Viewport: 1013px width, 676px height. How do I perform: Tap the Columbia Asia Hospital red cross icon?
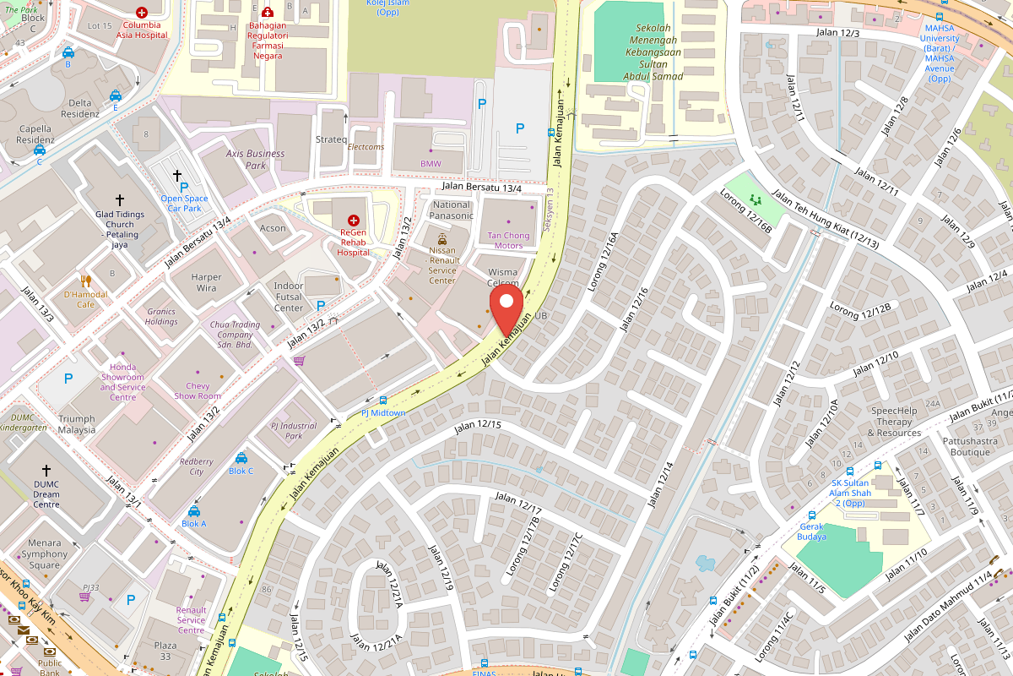tap(141, 14)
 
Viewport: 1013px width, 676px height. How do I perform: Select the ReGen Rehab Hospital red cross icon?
tap(353, 220)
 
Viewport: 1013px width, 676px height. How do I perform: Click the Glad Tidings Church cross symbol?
tap(120, 200)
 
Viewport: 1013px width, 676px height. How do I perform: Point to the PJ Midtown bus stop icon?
tap(383, 401)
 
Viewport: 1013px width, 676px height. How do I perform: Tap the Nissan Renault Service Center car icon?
tap(442, 239)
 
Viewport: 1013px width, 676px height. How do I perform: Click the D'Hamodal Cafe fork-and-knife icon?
tap(85, 281)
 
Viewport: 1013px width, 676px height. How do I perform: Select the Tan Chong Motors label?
tap(507, 241)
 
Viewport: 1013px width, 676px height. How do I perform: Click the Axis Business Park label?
tap(255, 160)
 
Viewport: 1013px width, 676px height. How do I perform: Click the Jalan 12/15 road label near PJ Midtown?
tap(478, 426)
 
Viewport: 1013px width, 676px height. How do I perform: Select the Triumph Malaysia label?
tap(77, 424)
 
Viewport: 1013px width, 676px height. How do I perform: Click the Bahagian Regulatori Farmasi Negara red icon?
tap(268, 13)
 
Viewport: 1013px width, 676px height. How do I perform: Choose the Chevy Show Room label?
tap(198, 390)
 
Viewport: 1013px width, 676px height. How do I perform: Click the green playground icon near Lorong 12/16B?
tap(755, 200)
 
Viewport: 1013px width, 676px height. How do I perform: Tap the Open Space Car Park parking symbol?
tap(183, 187)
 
